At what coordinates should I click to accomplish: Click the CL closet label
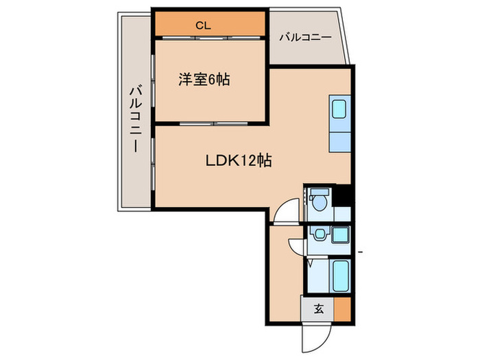[203, 26]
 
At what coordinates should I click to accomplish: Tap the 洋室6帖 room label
[204, 80]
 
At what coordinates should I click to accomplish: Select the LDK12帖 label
[239, 161]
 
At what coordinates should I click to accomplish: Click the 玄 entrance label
[318, 308]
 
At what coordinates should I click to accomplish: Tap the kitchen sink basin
[340, 109]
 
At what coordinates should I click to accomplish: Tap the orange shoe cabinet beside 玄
[342, 308]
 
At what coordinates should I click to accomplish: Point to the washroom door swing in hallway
[296, 247]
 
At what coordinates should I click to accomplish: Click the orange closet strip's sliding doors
[209, 38]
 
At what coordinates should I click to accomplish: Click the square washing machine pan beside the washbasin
[339, 235]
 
